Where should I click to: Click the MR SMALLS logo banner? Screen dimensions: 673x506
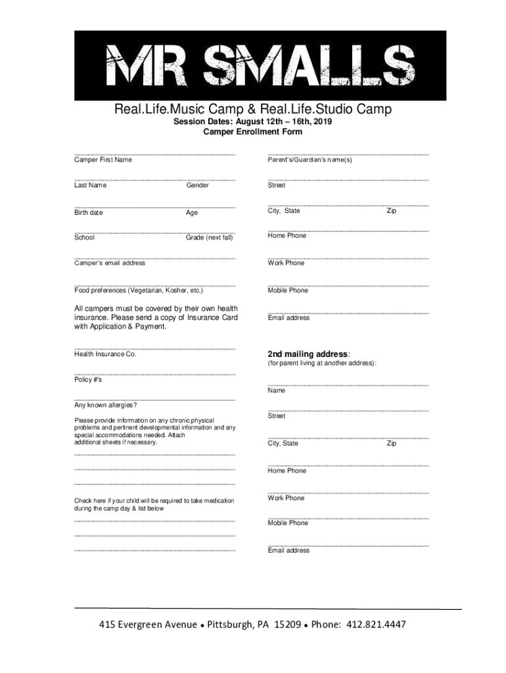(x=253, y=65)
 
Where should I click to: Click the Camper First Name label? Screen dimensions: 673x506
(x=103, y=160)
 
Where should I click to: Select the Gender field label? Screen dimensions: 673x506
(x=197, y=185)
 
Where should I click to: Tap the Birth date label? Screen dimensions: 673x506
(x=89, y=213)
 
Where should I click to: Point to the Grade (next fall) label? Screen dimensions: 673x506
(x=210, y=238)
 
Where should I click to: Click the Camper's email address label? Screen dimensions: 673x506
(x=110, y=263)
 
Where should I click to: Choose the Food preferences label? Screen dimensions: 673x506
(x=139, y=290)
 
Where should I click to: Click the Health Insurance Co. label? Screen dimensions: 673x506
(x=105, y=354)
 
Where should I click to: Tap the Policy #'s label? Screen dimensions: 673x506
(x=88, y=381)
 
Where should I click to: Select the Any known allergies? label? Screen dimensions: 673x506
(x=106, y=406)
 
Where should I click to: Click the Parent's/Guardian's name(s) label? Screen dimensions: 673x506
(x=310, y=160)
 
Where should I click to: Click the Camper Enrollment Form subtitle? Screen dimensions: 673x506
(x=253, y=132)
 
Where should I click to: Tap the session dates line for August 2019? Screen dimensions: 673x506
(x=253, y=122)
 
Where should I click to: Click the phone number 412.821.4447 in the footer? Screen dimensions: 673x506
(x=376, y=624)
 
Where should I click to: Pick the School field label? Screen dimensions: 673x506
(x=84, y=238)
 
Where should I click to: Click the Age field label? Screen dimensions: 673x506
(x=192, y=213)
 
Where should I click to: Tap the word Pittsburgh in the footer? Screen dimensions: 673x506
(x=228, y=624)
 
